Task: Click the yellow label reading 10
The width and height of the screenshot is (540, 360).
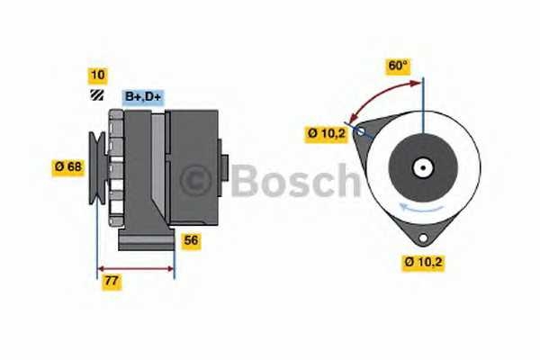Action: click(x=96, y=75)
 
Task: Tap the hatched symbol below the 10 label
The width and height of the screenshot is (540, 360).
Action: click(x=96, y=94)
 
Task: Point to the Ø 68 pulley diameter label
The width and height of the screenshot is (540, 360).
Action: click(x=69, y=166)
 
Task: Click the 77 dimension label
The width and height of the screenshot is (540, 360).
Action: click(x=112, y=282)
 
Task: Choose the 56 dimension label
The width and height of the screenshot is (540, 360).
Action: click(x=191, y=240)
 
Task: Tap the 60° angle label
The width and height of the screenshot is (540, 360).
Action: click(x=398, y=66)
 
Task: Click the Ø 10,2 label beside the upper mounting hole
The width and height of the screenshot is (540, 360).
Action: click(x=325, y=134)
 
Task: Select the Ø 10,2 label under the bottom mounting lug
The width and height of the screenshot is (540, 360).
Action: click(x=423, y=263)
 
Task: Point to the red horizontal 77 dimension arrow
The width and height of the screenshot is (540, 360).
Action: click(x=135, y=267)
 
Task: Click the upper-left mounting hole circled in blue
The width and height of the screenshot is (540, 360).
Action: click(x=361, y=132)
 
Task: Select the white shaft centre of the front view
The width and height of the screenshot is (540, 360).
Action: click(x=421, y=168)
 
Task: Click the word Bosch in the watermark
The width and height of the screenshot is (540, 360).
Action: click(x=295, y=181)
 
